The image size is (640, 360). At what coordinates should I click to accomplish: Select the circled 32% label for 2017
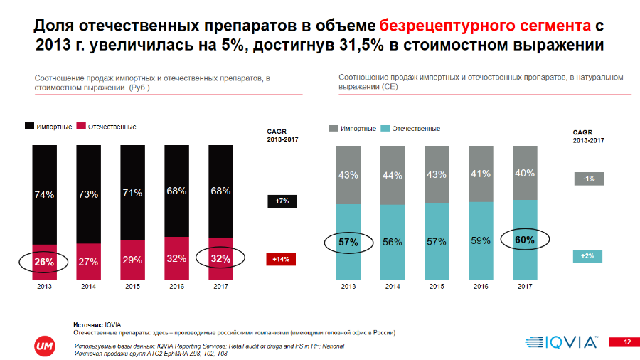tap(221, 258)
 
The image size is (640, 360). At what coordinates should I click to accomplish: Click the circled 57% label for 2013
tap(348, 243)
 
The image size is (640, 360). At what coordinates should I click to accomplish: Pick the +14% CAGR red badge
tap(281, 259)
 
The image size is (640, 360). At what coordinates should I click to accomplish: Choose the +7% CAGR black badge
tap(281, 201)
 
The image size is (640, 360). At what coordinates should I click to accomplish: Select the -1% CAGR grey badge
tap(589, 179)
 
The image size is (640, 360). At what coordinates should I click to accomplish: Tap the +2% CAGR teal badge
tap(589, 255)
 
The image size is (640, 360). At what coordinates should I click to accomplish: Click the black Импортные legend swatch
tap(30, 127)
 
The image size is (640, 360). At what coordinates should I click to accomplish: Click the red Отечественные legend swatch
tap(81, 127)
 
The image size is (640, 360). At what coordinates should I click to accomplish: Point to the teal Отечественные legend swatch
tap(385, 129)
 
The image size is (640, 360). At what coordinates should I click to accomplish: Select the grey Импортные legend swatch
tap(334, 129)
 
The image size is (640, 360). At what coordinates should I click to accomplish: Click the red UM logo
tap(42, 344)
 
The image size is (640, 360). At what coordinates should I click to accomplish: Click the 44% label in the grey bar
tap(393, 175)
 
